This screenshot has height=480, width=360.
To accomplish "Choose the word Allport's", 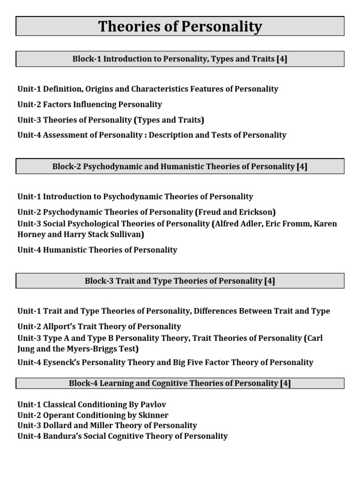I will (x=63, y=326).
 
